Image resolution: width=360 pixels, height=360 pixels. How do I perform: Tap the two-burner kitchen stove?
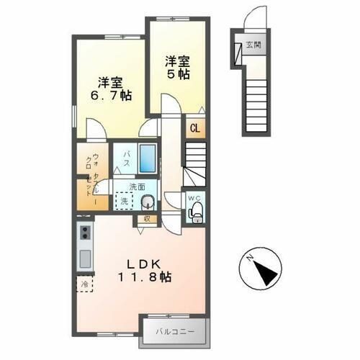pos(85,233)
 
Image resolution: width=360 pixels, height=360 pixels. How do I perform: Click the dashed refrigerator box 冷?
pos(84,284)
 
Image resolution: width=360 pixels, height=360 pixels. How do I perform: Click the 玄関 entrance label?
pos(253,45)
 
